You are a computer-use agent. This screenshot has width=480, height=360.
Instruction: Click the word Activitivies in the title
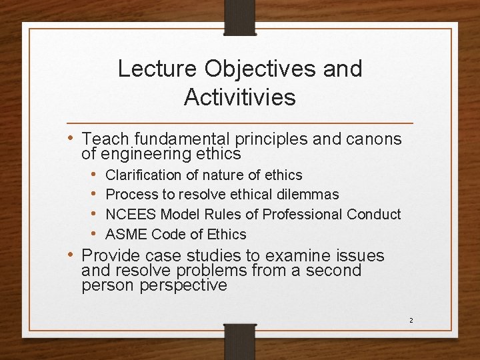(x=239, y=97)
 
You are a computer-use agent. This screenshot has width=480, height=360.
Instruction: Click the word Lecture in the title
(x=158, y=69)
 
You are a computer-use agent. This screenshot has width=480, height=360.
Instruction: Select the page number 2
(x=411, y=321)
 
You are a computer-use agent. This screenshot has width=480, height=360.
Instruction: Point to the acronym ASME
(x=127, y=234)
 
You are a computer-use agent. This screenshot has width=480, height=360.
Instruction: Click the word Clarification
(x=143, y=175)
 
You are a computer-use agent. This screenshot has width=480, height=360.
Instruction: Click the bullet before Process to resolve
(x=95, y=195)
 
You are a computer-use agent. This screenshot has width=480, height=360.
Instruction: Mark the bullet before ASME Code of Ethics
(x=95, y=234)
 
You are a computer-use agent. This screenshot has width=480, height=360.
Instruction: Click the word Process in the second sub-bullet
(x=129, y=195)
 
